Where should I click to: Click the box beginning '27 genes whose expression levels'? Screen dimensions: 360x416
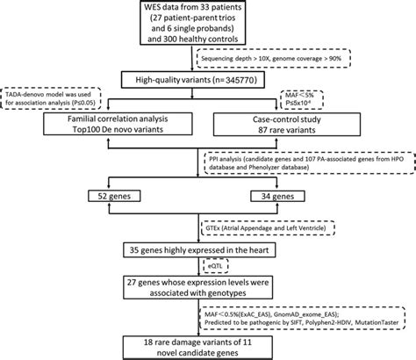click(207, 287)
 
